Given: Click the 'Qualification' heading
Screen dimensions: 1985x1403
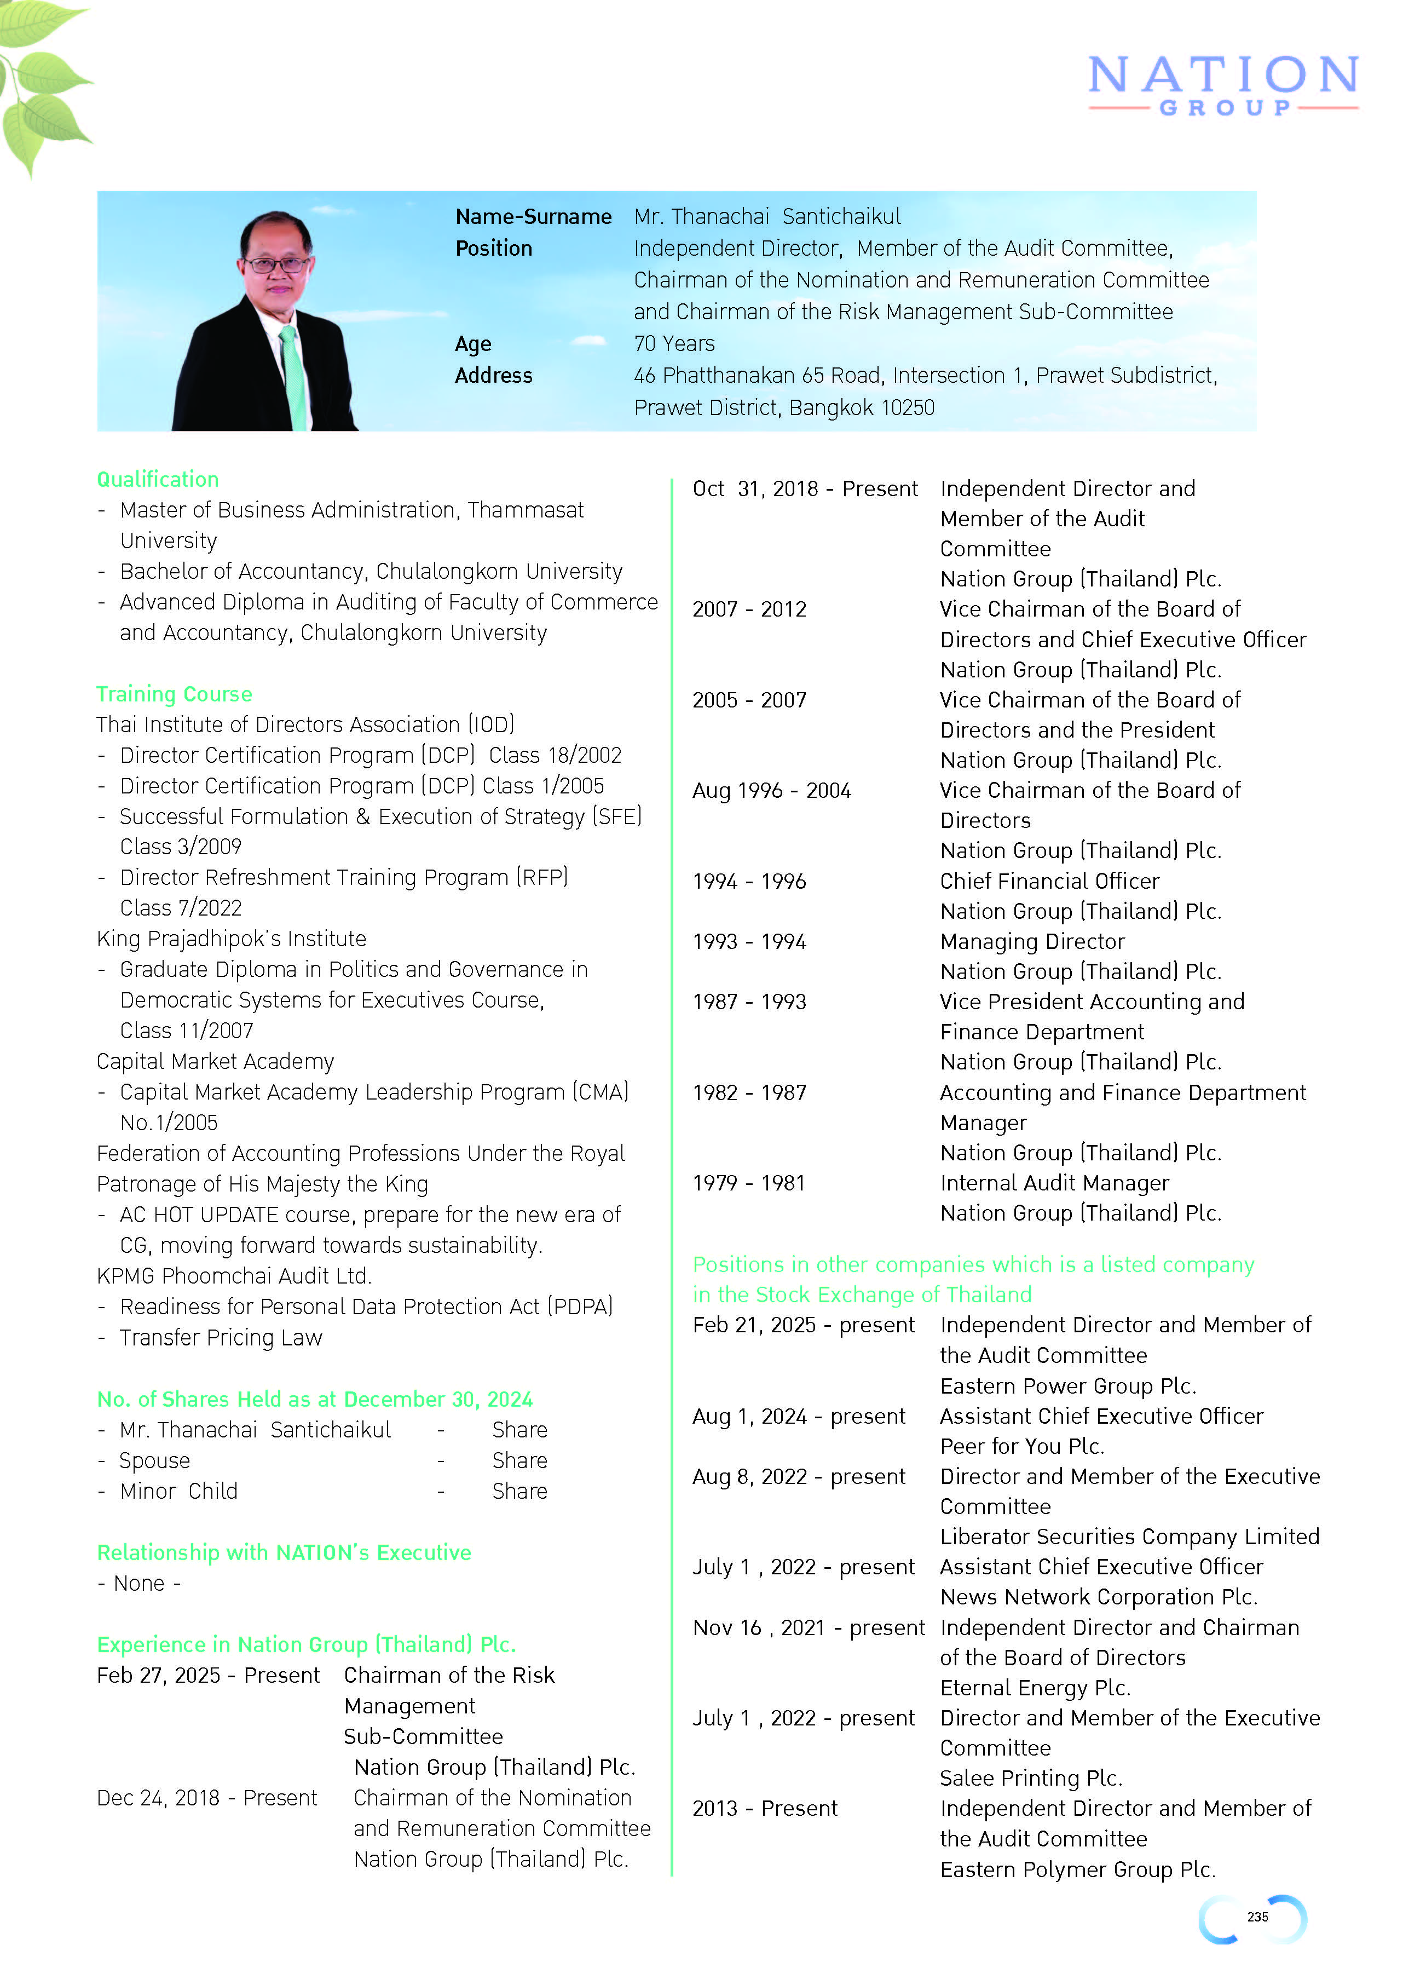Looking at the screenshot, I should [x=157, y=479].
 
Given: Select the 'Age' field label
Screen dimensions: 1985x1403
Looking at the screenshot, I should [x=473, y=343].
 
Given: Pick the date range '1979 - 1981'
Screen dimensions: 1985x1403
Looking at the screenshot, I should [x=749, y=1183].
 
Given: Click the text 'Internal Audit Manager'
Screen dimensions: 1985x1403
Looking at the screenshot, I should [x=1054, y=1183].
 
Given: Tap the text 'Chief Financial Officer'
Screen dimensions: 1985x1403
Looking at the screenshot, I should [x=1049, y=881].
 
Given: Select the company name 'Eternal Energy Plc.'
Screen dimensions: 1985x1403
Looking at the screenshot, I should [x=1035, y=1688].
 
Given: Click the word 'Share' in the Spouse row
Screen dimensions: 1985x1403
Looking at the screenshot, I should [x=519, y=1460].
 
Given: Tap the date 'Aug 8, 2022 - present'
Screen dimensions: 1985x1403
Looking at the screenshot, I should [x=798, y=1477].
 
